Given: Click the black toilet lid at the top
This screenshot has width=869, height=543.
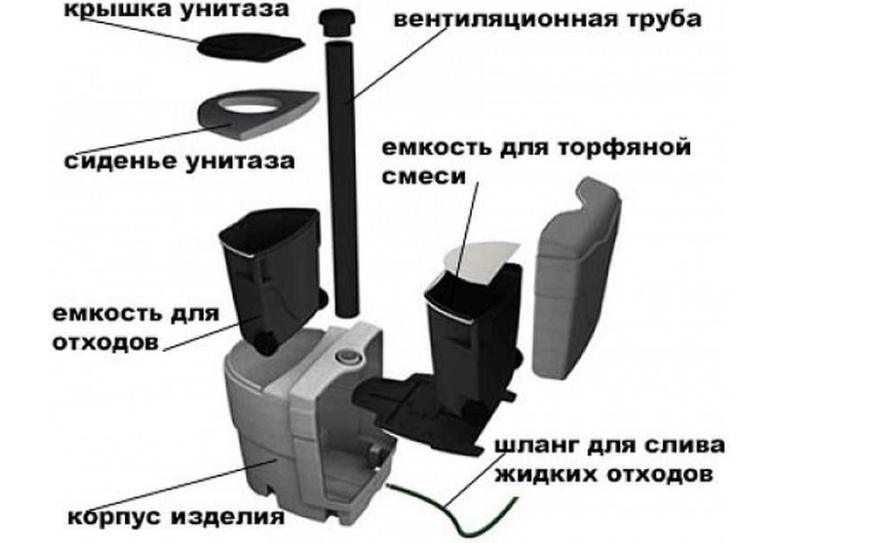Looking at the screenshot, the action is tap(251, 46).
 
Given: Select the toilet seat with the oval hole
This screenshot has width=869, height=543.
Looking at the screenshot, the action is tap(256, 113).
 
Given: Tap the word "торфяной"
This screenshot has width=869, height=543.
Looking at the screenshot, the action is tap(624, 148).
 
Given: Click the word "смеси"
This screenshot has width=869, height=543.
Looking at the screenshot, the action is tap(424, 177).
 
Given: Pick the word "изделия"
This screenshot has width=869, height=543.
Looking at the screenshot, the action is tap(228, 517).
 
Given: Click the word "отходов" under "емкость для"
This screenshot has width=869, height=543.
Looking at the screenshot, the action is tap(105, 342).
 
